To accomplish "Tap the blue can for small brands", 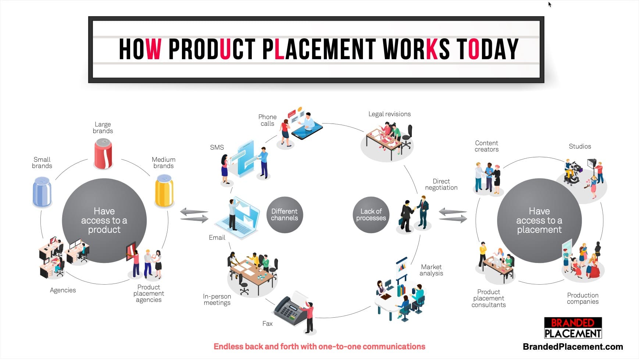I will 42,192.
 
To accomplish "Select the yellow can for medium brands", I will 164,190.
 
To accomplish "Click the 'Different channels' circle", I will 285,215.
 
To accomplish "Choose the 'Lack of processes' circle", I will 371,215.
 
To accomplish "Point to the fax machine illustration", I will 290,310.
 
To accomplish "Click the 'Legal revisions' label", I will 389,114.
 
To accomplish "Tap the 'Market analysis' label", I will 431,270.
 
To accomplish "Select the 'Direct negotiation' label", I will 441,184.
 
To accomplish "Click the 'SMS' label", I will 217,147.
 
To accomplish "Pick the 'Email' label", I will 217,238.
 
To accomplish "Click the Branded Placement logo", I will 573,328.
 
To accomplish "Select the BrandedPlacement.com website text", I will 573,347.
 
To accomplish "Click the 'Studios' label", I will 580,146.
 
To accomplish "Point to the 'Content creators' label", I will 486,146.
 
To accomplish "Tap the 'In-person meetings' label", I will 217,299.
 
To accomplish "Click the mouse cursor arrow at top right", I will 550,4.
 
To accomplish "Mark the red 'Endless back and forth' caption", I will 319,346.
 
